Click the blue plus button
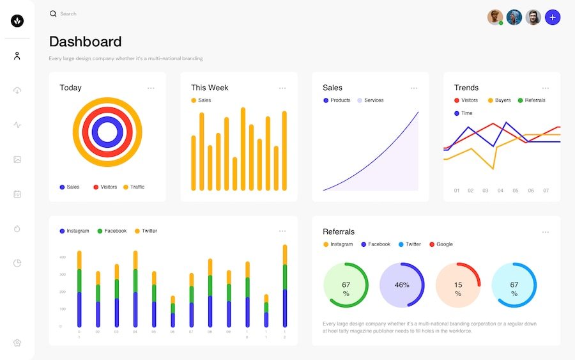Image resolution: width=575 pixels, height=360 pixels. point(553,17)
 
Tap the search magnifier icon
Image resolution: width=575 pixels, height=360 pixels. point(53,13)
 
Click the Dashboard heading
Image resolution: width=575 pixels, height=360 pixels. point(85,42)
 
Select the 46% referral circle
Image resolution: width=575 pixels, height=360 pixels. point(402,285)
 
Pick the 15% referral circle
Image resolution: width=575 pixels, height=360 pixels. point(458,285)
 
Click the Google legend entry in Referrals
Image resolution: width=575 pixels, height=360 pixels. point(441,244)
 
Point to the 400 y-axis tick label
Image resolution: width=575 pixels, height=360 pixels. point(63,257)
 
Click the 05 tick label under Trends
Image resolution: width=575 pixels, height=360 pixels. point(515,191)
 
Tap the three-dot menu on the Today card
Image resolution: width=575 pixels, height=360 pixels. point(151,88)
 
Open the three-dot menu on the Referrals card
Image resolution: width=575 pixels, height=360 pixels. point(545,232)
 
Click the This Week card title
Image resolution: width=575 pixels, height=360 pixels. point(210,88)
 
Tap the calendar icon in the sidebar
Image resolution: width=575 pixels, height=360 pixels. point(17,194)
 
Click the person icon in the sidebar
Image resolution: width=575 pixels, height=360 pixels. point(17,56)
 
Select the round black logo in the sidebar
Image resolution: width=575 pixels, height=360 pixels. point(17,21)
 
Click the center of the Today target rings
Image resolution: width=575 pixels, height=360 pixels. point(107,132)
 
